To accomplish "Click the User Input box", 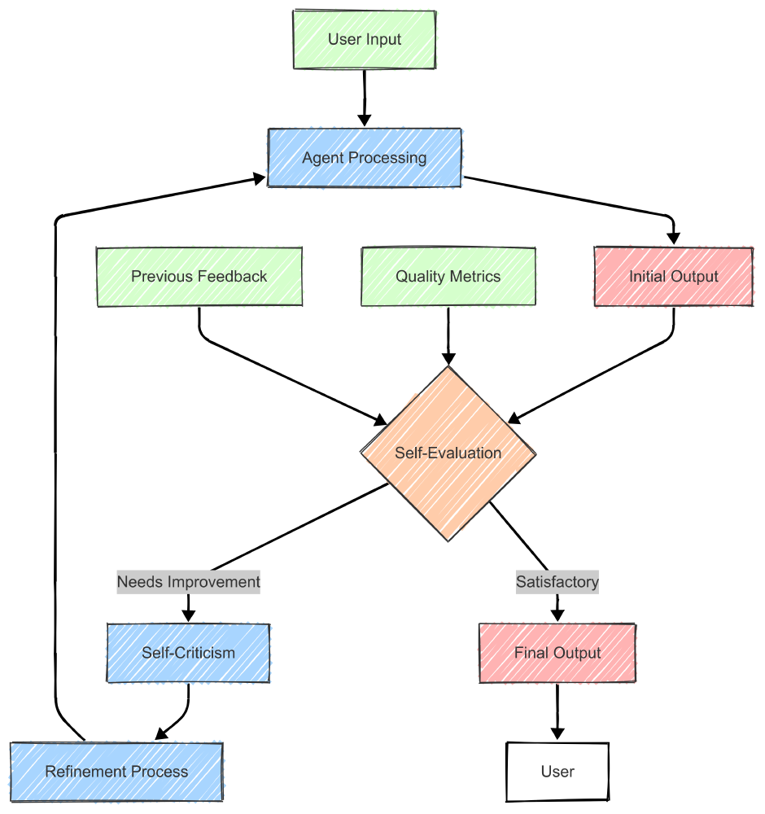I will [x=365, y=39].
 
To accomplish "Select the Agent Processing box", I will [x=365, y=158].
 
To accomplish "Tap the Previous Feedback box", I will [x=199, y=277].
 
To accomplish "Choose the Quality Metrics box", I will [x=448, y=277].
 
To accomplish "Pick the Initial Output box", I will [x=674, y=277].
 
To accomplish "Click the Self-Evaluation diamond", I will [x=448, y=453].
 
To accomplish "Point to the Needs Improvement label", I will [x=189, y=582].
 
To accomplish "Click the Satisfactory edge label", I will [x=557, y=582].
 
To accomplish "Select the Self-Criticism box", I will [x=188, y=653].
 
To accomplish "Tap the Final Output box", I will [x=557, y=653].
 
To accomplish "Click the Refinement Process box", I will [x=116, y=772].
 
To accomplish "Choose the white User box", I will [x=557, y=772].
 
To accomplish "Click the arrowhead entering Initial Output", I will [x=674, y=239].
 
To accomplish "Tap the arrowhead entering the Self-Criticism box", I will [x=189, y=616].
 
